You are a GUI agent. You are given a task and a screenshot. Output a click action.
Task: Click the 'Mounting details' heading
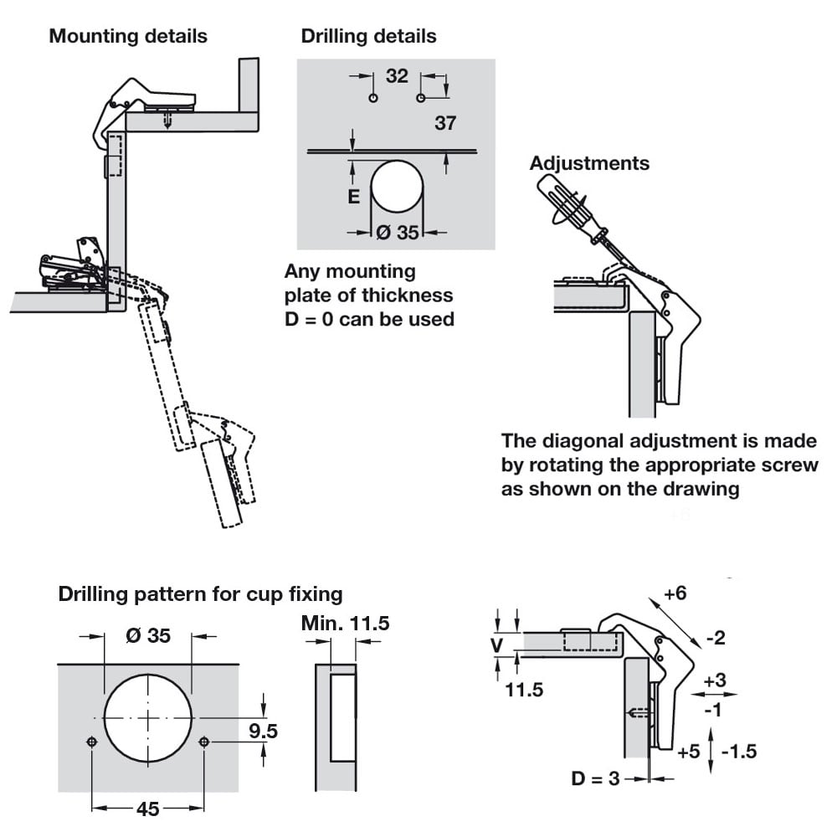(128, 36)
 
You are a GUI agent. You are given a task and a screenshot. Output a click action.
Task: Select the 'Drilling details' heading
(368, 36)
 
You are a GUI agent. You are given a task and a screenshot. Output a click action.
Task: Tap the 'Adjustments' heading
(589, 163)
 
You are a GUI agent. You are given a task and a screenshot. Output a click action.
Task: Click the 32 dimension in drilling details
(397, 76)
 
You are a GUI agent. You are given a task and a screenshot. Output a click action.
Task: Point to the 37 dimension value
(445, 123)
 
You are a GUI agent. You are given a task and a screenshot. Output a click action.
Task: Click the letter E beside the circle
(353, 197)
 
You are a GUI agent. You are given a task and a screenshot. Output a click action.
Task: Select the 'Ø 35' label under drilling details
(397, 233)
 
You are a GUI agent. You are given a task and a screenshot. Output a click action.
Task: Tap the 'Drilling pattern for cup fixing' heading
(200, 594)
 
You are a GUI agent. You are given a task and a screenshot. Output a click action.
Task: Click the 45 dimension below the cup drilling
(147, 809)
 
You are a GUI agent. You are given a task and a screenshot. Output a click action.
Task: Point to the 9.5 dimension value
(263, 732)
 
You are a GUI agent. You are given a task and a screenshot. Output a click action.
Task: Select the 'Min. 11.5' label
(345, 624)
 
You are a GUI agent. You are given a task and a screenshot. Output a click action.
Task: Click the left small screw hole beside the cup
(92, 742)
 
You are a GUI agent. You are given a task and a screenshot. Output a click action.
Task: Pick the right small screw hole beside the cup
(203, 742)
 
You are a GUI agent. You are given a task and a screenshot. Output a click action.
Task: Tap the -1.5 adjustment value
(738, 751)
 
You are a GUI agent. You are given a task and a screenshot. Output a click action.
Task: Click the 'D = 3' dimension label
(595, 779)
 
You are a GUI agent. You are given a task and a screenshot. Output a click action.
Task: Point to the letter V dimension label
(496, 645)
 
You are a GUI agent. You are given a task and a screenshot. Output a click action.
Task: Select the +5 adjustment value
(688, 751)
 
